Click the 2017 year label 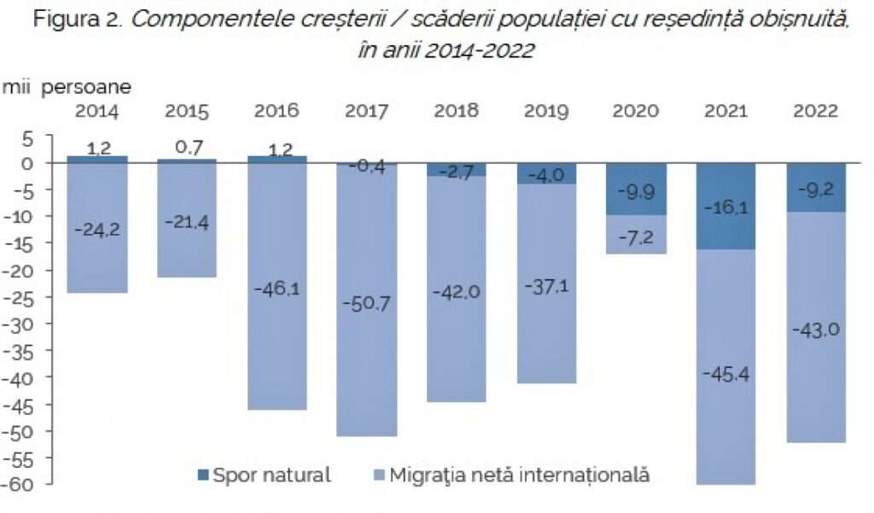click(x=366, y=111)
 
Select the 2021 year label click(x=725, y=111)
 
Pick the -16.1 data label click(x=725, y=207)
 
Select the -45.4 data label click(x=725, y=374)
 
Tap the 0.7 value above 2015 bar click(x=187, y=148)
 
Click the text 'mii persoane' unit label click(x=67, y=86)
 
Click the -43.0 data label click(x=815, y=330)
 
